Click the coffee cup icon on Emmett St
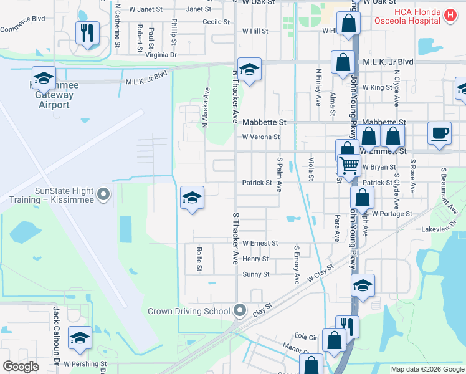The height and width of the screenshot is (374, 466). (440, 133)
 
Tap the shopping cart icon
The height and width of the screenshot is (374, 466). (350, 166)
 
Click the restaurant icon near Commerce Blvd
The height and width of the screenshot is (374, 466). (87, 32)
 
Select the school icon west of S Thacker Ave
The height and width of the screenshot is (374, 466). (192, 198)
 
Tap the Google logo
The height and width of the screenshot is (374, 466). (21, 366)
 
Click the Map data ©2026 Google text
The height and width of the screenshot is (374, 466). (427, 369)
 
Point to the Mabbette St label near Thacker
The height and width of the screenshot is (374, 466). (264, 122)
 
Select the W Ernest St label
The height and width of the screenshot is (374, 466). (260, 243)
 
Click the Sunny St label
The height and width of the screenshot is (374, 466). (256, 274)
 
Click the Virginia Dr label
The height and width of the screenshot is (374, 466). (161, 55)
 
